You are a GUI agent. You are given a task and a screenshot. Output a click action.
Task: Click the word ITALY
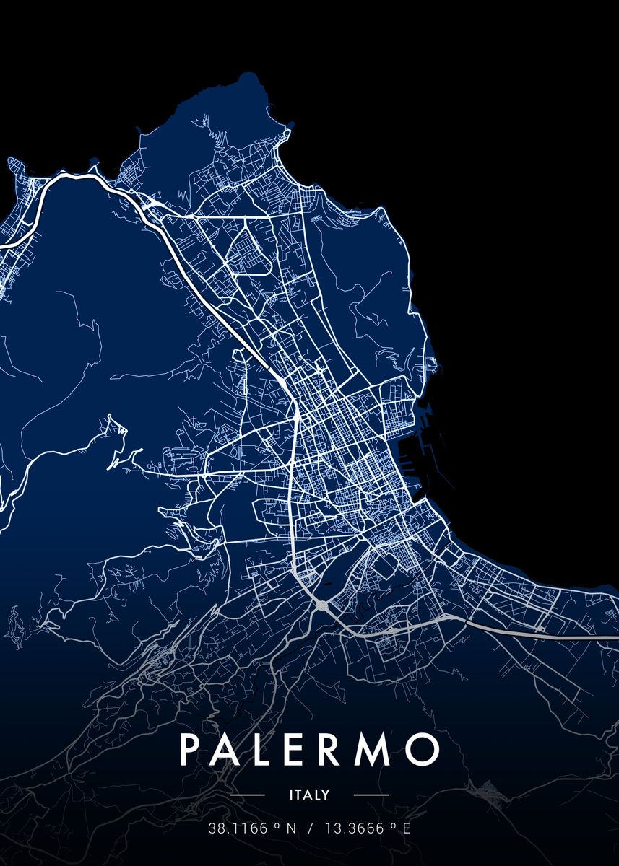pyautogui.click(x=309, y=795)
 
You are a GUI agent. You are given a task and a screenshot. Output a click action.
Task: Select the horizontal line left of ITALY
pyautogui.click(x=248, y=795)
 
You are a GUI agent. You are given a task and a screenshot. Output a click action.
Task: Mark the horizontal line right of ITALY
pyautogui.click(x=371, y=795)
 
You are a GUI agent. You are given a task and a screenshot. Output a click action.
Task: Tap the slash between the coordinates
pyautogui.click(x=310, y=828)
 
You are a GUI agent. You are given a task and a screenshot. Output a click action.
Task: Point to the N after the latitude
pyautogui.click(x=292, y=828)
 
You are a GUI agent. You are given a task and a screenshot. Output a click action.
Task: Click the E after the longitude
pyautogui.click(x=407, y=828)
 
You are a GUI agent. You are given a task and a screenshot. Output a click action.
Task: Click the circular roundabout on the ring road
pyautogui.click(x=321, y=605)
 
